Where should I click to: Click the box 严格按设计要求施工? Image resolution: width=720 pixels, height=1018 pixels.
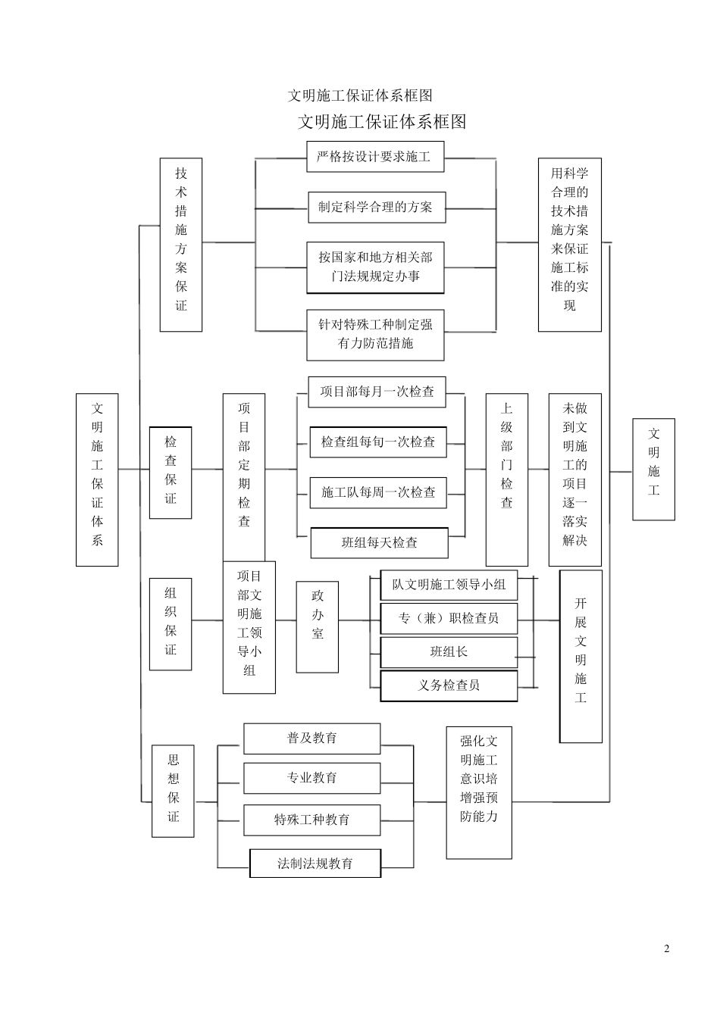[x=375, y=157]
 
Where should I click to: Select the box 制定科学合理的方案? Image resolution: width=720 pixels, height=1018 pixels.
[x=376, y=208]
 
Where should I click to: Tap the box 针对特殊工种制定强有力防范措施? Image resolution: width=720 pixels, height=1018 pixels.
[x=375, y=334]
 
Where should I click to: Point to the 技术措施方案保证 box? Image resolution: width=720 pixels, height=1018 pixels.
[x=181, y=244]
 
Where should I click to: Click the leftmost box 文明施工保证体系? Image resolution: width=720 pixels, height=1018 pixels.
[x=97, y=479]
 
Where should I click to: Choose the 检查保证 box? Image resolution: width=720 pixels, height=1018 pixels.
[x=171, y=473]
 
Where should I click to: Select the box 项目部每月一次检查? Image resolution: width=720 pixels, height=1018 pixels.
[x=377, y=392]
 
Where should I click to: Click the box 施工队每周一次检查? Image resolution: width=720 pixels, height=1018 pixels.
[x=378, y=492]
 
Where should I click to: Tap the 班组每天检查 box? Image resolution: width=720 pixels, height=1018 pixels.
[x=379, y=542]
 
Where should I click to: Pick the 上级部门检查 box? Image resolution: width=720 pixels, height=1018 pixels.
[x=506, y=469]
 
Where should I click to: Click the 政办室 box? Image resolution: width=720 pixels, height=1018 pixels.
[x=317, y=626]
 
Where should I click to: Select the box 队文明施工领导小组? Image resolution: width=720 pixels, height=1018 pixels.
[x=449, y=585]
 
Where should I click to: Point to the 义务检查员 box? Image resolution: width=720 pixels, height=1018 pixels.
[x=449, y=685]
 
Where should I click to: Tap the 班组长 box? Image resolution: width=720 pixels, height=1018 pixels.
[x=449, y=651]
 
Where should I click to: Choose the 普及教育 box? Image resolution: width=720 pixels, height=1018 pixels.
[x=311, y=739]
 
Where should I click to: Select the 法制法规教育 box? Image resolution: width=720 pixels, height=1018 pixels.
[x=315, y=863]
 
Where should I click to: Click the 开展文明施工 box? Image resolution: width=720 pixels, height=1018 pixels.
[x=581, y=656]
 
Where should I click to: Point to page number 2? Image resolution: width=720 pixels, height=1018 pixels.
[x=667, y=949]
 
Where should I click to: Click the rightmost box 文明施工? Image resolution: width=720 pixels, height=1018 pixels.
[x=653, y=469]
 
